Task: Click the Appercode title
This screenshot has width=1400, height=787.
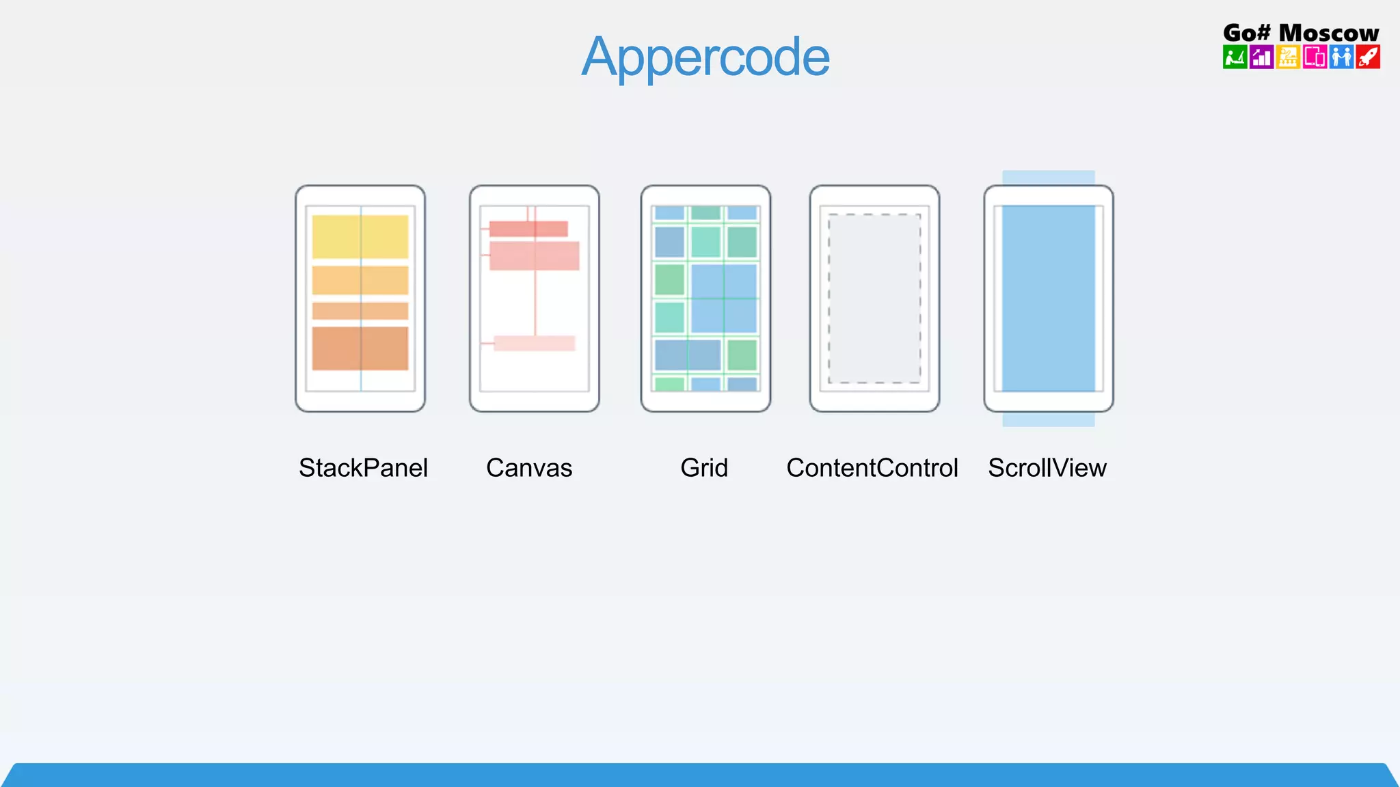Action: (x=705, y=57)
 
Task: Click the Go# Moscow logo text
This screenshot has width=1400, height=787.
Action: (x=1301, y=32)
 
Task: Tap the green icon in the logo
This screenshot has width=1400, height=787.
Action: (x=1235, y=57)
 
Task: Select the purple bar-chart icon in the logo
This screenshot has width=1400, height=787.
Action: (x=1261, y=57)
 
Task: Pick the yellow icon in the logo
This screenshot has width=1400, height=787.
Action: (x=1288, y=57)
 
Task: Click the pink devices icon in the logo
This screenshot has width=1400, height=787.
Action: (x=1315, y=57)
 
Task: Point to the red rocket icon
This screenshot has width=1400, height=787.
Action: (x=1368, y=57)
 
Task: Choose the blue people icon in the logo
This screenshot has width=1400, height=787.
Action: (x=1341, y=57)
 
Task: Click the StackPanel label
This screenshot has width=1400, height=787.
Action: (x=363, y=468)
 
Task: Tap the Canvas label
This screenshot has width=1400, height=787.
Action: (x=529, y=468)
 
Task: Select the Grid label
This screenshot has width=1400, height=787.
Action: (x=704, y=468)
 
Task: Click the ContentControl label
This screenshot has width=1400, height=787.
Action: (x=872, y=468)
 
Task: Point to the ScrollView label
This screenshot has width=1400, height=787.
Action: (x=1047, y=468)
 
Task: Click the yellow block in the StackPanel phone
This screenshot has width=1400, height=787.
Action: (x=360, y=236)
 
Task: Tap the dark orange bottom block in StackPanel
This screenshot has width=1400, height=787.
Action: (x=360, y=348)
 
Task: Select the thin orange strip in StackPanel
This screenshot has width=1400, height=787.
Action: (x=360, y=311)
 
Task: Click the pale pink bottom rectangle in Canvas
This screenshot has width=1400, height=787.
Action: (x=534, y=343)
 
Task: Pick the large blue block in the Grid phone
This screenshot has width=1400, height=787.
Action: (x=724, y=299)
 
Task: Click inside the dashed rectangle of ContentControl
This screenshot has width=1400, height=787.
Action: (x=874, y=299)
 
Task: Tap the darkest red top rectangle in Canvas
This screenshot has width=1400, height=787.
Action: (x=528, y=229)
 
